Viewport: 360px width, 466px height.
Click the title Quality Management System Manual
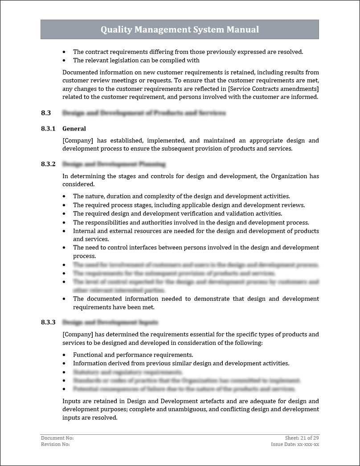180,30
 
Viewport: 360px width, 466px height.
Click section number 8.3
46,113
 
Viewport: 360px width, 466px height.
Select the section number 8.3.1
48,129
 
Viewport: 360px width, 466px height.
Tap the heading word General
74,129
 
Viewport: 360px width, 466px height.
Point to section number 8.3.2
48,164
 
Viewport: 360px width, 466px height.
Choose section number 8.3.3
48,322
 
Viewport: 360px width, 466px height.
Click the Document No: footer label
57,438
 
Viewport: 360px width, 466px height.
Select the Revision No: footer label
55,444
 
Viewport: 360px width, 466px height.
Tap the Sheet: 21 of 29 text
302,438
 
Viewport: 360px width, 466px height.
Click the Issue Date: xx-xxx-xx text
295,444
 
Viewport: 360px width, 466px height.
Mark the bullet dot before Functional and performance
64,355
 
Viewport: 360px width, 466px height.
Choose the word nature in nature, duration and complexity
94,196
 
